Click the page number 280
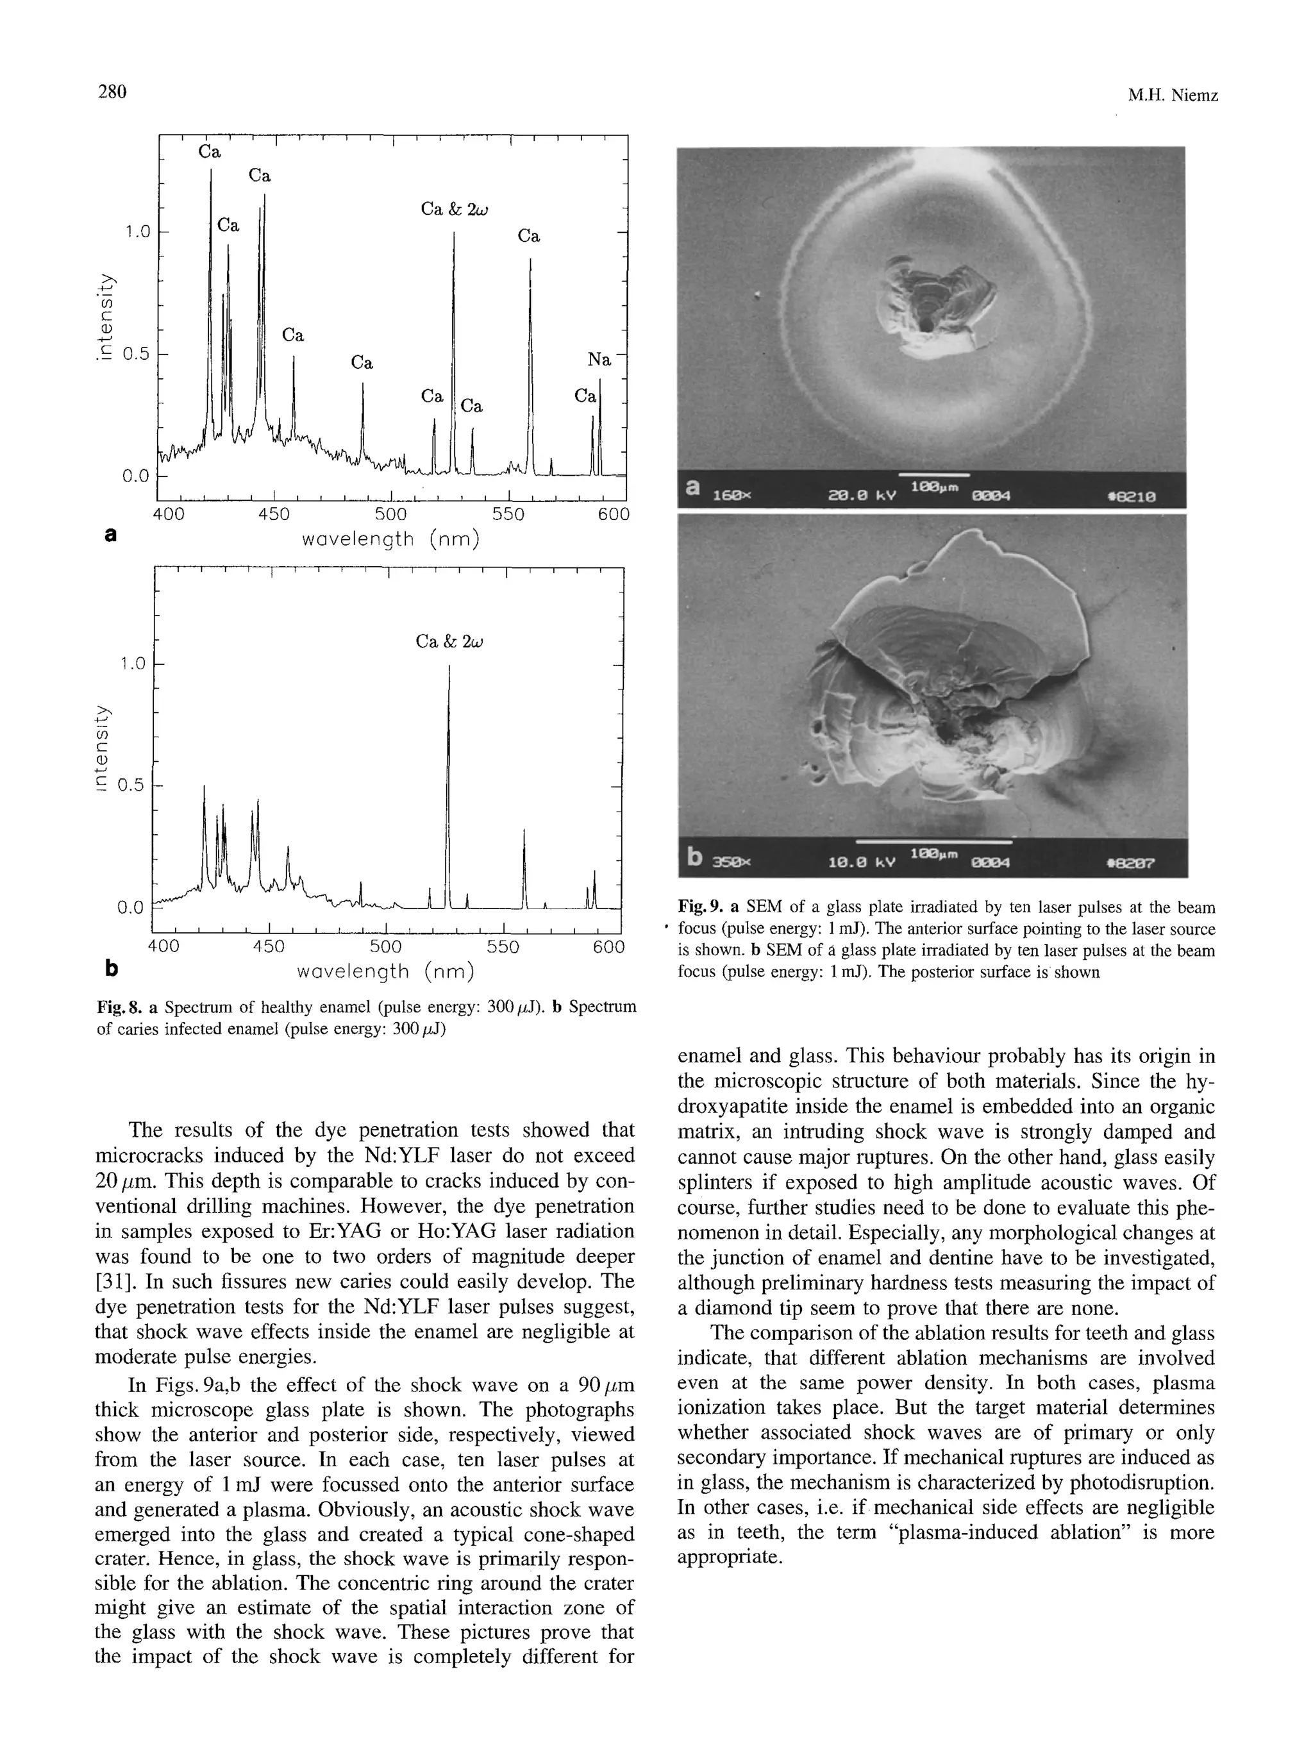tap(112, 92)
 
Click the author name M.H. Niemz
tap(1172, 96)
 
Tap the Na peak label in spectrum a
tap(599, 360)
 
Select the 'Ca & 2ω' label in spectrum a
tap(455, 210)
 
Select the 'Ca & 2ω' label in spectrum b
tap(449, 642)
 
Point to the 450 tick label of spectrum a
tap(274, 515)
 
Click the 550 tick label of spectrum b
tap(503, 947)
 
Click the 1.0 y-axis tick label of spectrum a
tap(136, 232)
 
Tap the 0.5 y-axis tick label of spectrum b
tap(131, 785)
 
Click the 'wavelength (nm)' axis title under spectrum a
tap(391, 540)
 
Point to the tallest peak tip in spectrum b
tap(449, 667)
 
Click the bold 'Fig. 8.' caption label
tap(119, 1007)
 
